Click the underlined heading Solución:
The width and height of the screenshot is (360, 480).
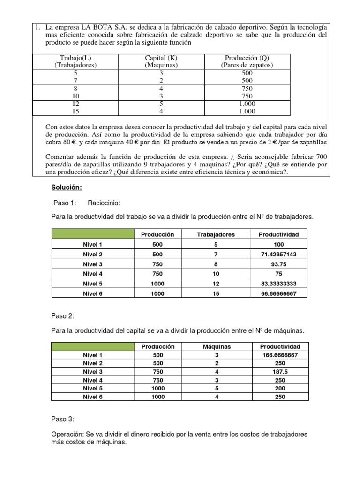pos(67,187)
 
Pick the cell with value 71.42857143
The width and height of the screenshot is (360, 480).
pos(279,254)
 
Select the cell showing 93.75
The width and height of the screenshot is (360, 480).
pos(279,264)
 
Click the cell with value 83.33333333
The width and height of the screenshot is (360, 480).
pos(279,284)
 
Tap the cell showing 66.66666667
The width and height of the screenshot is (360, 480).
pos(279,293)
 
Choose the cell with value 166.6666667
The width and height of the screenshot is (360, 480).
pos(280,355)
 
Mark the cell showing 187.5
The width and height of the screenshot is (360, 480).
pos(280,372)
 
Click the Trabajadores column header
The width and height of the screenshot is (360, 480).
pos(216,234)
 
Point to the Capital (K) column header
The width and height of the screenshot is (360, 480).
pos(161,61)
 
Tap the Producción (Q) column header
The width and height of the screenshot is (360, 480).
pos(247,61)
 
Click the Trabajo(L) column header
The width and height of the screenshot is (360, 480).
pos(75,61)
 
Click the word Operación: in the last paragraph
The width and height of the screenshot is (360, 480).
pos(69,434)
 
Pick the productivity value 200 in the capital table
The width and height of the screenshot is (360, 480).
pos(280,389)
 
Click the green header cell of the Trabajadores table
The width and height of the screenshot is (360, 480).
pos(92,234)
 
